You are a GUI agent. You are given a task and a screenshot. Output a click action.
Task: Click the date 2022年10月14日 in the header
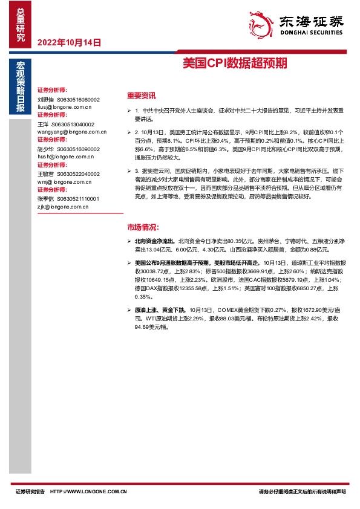tap(69, 43)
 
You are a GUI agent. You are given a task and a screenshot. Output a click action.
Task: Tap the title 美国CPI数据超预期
tap(235, 63)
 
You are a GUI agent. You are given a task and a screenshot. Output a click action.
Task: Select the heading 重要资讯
tap(141, 96)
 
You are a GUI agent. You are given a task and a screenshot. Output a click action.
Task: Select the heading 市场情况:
tap(142, 228)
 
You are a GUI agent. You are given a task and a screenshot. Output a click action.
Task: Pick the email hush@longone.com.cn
tap(64, 156)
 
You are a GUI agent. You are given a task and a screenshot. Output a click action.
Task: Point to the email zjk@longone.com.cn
tap(63, 206)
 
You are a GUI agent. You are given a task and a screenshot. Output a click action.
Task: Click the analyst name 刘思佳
tap(46, 99)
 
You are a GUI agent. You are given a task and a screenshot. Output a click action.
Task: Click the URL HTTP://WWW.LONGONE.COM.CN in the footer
tap(89, 492)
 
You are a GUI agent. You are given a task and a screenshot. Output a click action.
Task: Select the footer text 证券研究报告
tap(30, 492)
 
